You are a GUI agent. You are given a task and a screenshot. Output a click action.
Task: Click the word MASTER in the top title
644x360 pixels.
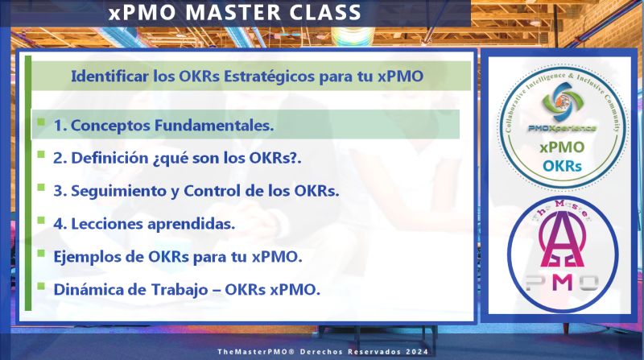pos(233,12)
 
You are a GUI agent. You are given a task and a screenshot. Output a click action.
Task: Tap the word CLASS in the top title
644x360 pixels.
pos(325,12)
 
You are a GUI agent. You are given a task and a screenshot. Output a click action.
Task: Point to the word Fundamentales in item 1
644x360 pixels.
pos(213,126)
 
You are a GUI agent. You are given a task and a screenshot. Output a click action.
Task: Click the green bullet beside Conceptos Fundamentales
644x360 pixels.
pos(41,122)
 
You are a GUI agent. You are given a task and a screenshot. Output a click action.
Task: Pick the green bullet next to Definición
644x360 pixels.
pos(41,154)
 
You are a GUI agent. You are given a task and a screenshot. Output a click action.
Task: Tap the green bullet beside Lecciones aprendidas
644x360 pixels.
pos(41,220)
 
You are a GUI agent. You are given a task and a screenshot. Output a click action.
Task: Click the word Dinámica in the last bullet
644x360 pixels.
pos(89,290)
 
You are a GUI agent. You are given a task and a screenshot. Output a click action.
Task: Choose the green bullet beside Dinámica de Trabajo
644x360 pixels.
pos(41,286)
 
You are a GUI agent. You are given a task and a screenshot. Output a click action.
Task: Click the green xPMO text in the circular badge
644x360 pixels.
pos(562,147)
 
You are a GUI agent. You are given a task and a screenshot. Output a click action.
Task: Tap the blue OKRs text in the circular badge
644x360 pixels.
pos(562,166)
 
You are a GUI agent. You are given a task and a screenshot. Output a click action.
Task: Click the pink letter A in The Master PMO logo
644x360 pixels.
pos(562,239)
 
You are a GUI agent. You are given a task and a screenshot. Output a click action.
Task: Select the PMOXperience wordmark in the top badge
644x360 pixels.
pos(562,128)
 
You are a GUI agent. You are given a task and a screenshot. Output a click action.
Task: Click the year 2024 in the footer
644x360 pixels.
pos(417,352)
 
